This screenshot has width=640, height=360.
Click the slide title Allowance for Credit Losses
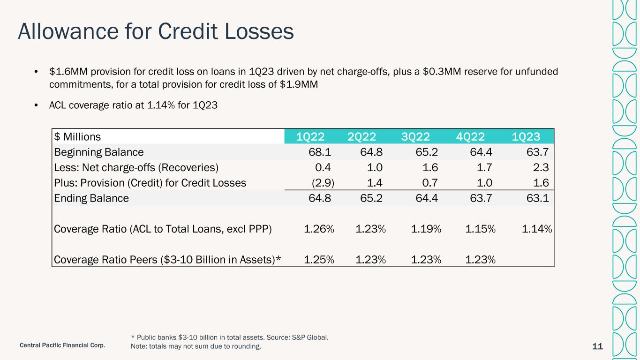click(x=156, y=31)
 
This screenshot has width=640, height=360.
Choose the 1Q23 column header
click(x=526, y=137)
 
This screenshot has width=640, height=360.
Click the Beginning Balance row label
click(x=99, y=152)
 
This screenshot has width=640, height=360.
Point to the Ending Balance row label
click(x=91, y=198)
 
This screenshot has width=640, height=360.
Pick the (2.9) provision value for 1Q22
click(x=323, y=183)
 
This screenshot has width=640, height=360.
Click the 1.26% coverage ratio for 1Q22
click(x=319, y=229)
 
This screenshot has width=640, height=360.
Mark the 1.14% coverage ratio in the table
click(x=536, y=229)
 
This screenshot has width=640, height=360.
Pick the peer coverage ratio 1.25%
click(x=319, y=260)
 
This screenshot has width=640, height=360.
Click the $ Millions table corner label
click(x=77, y=137)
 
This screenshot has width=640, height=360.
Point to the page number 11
click(x=597, y=346)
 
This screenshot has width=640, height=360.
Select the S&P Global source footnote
click(x=230, y=337)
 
